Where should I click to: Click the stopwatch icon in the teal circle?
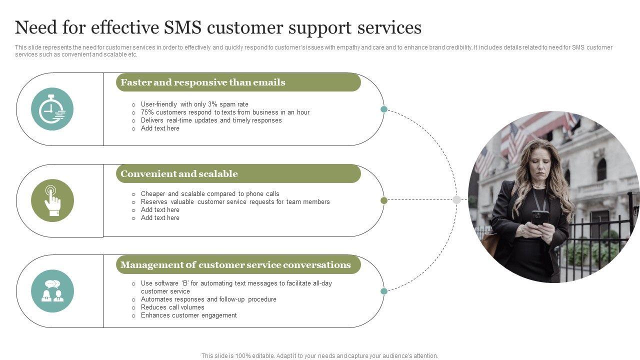52,109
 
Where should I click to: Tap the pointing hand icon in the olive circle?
52,200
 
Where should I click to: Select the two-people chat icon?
52,291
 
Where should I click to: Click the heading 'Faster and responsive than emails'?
203,82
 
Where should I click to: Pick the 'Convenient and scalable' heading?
179,174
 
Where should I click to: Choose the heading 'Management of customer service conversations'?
235,265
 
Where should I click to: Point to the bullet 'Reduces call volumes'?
172,307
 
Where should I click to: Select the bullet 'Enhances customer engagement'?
188,315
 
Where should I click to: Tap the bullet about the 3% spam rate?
194,104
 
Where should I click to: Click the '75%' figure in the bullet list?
147,112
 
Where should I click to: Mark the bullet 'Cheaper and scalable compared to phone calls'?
210,194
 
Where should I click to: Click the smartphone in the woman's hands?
539,216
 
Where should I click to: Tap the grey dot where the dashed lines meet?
456,200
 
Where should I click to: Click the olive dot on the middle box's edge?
384,200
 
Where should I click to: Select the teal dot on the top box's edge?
384,109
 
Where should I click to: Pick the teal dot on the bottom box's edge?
384,291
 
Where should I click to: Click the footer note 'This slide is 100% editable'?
319,356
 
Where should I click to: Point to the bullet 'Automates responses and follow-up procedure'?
208,299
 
